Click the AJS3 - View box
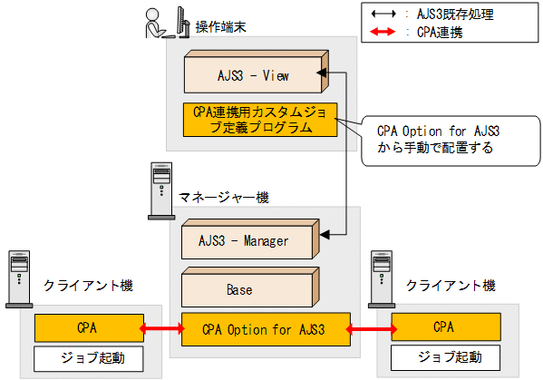coord(253,73)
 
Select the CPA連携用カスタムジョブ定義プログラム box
coord(259,120)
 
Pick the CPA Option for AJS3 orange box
coord(265,327)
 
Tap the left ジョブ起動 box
coord(87,356)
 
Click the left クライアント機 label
coord(88,286)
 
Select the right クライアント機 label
coord(451,286)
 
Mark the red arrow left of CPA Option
coord(161,327)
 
